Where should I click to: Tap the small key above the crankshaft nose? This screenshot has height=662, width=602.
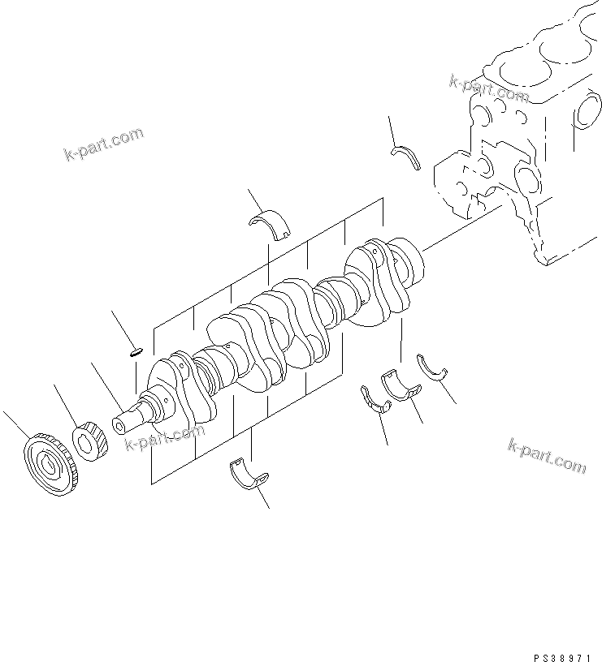click(x=136, y=351)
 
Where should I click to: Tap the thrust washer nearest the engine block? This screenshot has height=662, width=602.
click(x=406, y=157)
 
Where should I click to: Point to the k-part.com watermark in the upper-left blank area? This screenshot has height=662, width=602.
click(x=103, y=144)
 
